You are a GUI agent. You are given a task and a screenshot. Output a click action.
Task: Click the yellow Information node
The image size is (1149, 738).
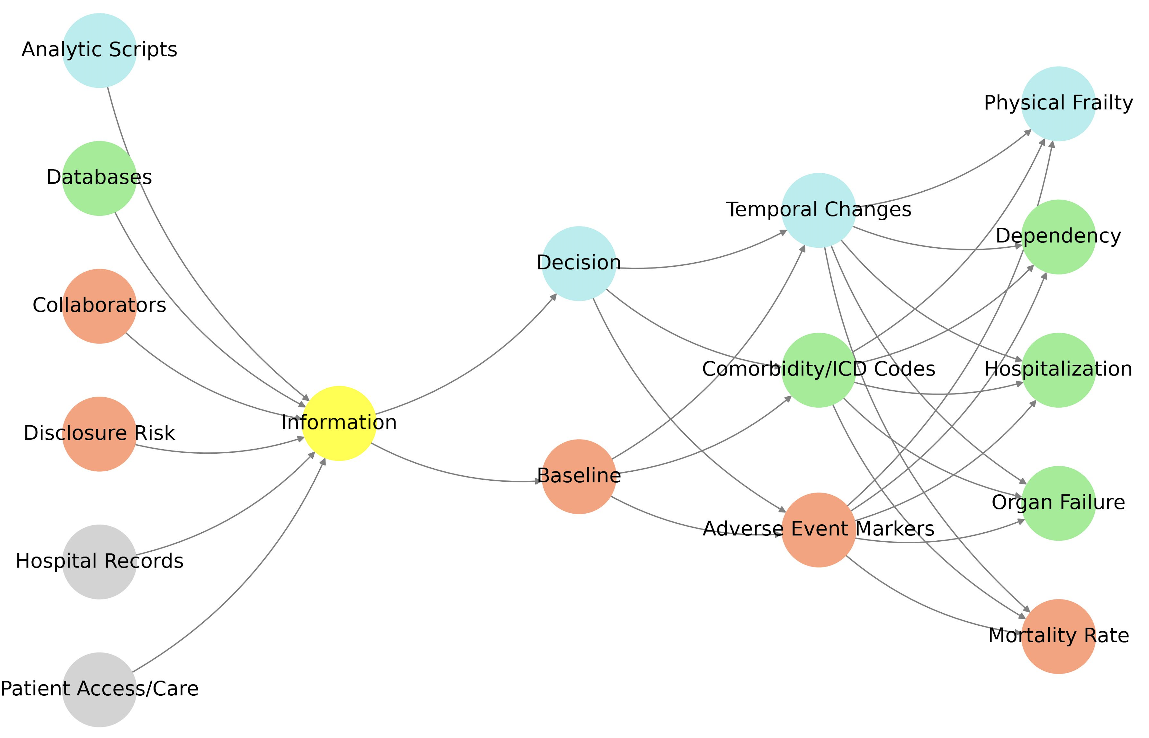click(339, 423)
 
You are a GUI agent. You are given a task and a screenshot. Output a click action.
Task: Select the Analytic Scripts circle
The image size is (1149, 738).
click(99, 50)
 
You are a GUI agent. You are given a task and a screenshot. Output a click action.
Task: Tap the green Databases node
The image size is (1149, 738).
click(99, 178)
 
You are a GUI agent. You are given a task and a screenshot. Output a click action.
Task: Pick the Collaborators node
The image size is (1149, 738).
click(99, 306)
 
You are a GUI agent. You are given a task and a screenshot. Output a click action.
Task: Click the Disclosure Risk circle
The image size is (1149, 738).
click(99, 434)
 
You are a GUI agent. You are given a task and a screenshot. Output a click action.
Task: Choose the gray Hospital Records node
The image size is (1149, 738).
click(99, 562)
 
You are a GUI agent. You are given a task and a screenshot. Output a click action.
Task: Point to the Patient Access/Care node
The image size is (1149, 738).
click(99, 689)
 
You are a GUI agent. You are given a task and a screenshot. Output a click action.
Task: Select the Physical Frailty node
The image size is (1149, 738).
click(1058, 104)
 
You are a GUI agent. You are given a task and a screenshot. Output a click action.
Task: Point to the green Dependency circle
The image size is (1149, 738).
click(1058, 237)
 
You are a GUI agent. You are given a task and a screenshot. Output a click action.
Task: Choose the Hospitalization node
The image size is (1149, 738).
click(1058, 370)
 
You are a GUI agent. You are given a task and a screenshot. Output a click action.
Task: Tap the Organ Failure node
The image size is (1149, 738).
click(1058, 503)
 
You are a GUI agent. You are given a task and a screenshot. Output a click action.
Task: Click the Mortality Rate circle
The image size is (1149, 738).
click(1058, 636)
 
